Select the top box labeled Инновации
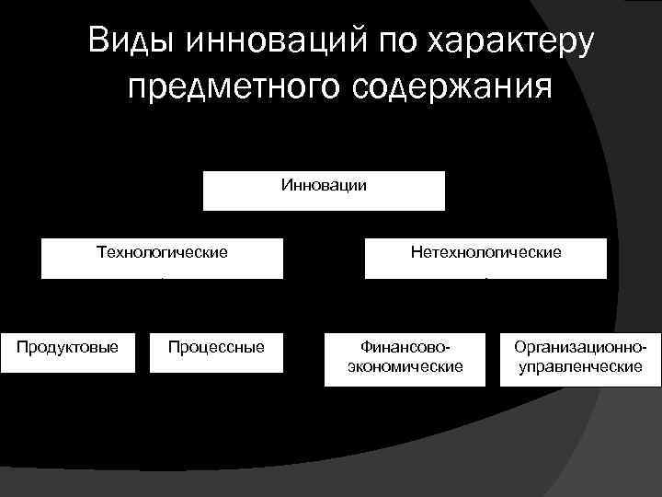[x=323, y=191]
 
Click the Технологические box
[x=162, y=259]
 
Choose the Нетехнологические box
[x=485, y=259]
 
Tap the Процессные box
[x=216, y=351]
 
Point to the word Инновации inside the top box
[x=323, y=185]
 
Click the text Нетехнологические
[x=485, y=251]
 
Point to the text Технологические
[x=162, y=250]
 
